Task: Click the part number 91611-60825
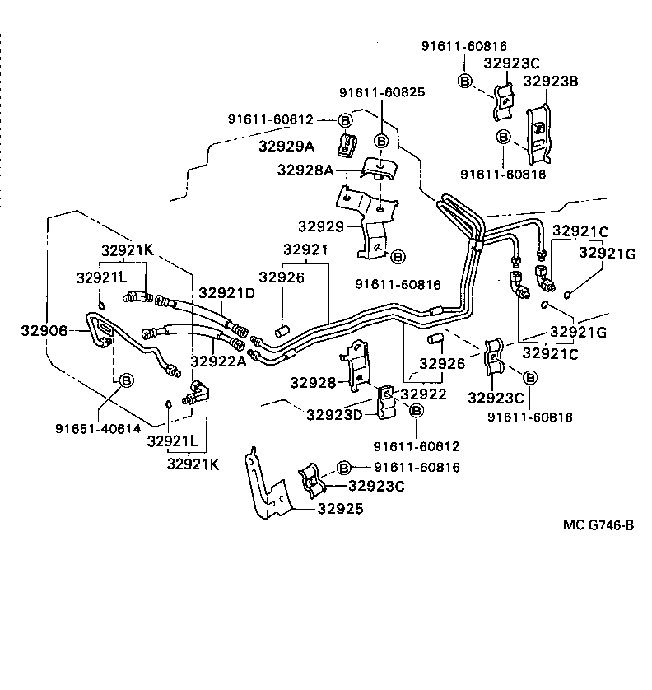click(x=383, y=92)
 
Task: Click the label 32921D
click(x=226, y=292)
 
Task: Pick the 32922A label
click(x=218, y=361)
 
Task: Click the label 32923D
click(x=334, y=414)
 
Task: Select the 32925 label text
click(x=339, y=509)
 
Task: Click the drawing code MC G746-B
click(x=598, y=525)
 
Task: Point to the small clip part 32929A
click(x=347, y=144)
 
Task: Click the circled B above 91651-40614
click(x=126, y=380)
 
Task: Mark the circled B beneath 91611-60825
click(x=381, y=141)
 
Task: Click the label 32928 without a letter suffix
click(x=313, y=383)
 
